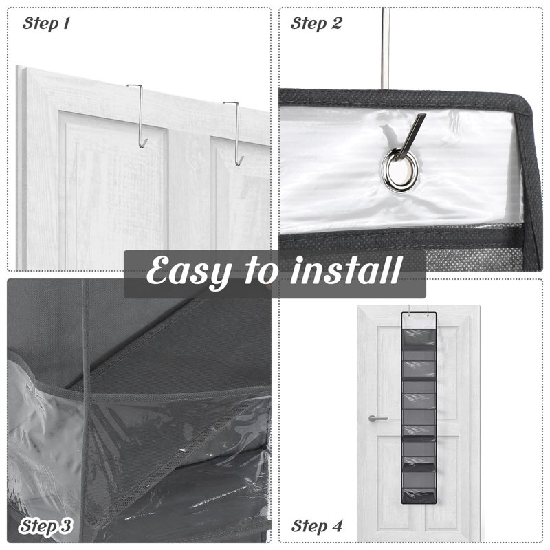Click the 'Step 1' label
(46, 23)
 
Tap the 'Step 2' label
(316, 23)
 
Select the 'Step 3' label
(45, 526)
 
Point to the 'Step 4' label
(317, 526)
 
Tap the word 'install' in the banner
(346, 270)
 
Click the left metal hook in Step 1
(139, 115)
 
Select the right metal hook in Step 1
(236, 133)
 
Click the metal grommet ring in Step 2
(399, 170)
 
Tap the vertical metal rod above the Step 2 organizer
(386, 47)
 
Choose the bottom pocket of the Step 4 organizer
(419, 496)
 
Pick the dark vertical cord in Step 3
(85, 410)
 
